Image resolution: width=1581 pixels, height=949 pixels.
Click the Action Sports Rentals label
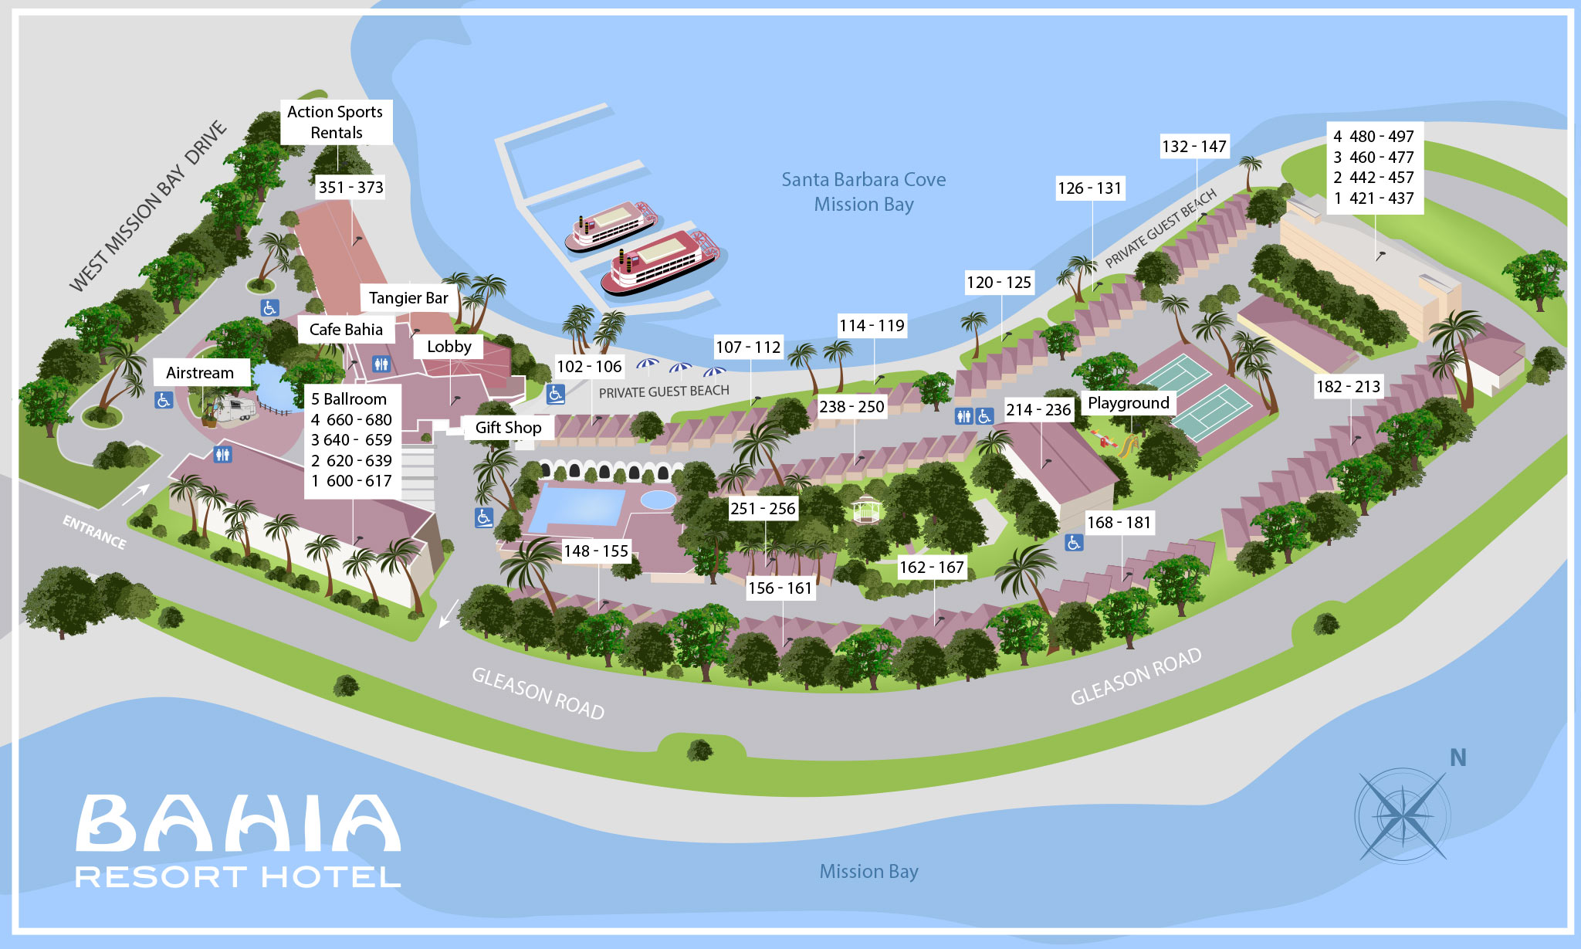click(336, 122)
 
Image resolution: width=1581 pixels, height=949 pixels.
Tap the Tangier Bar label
click(408, 298)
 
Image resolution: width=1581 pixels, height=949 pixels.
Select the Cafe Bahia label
click(346, 330)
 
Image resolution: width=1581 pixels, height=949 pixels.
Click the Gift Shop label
click(508, 428)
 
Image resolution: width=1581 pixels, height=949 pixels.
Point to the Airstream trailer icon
click(234, 409)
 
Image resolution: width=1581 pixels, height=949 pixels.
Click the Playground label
click(1128, 403)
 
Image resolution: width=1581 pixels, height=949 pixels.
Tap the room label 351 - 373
click(350, 188)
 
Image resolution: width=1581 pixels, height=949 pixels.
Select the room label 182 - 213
click(1348, 387)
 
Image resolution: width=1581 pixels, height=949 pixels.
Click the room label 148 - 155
click(595, 551)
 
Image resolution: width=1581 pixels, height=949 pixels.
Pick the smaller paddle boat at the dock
click(610, 225)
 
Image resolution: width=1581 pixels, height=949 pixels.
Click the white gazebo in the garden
click(866, 509)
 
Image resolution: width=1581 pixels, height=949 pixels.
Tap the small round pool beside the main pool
click(658, 500)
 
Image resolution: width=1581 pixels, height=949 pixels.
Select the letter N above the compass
click(1457, 758)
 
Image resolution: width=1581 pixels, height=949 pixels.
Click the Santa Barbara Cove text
click(863, 180)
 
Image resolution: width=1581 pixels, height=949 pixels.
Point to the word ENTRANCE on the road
click(94, 532)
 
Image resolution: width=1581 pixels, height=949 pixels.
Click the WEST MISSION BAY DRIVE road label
click(148, 207)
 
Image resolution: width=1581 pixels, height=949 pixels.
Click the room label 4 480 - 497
click(1374, 137)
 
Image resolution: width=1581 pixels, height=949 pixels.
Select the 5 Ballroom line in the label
click(349, 399)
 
